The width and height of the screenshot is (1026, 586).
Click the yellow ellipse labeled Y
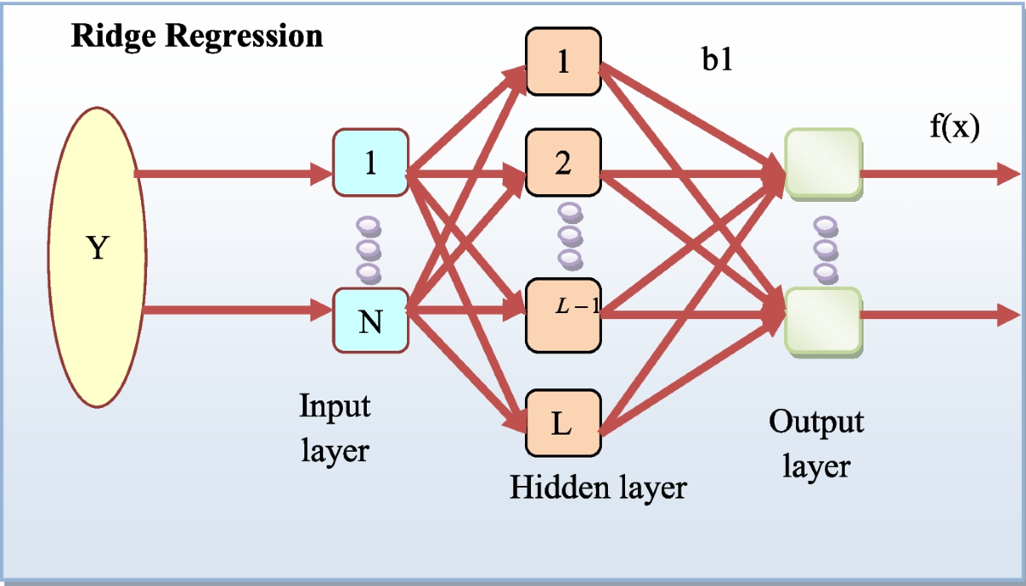pos(97,249)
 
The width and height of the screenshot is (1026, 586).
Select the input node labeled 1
pos(370,163)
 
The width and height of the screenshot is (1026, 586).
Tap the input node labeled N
pos(370,320)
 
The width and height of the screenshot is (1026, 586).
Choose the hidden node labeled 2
pos(563,164)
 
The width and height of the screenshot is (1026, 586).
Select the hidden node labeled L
pos(563,423)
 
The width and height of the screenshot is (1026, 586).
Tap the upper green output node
pos(822,164)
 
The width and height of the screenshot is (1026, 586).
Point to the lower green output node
pos(822,320)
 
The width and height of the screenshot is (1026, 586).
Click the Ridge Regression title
pos(197,37)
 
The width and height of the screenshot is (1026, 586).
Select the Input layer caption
pos(335,427)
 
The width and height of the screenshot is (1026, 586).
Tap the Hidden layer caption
pos(598,487)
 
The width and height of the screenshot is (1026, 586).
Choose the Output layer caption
pos(817,443)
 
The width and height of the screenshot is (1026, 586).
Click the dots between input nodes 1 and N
pos(369,250)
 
